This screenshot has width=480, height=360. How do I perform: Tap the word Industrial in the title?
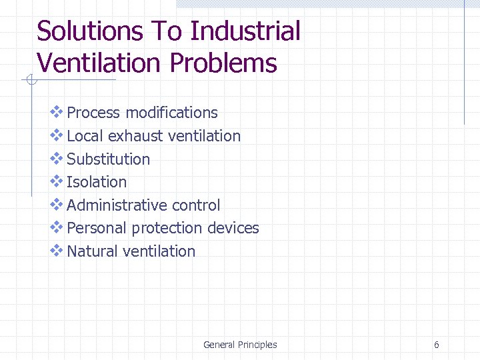click(x=245, y=31)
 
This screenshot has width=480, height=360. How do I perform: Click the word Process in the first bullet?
click(x=94, y=113)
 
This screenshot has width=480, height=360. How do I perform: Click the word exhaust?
click(x=135, y=136)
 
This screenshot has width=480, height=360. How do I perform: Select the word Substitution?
click(x=109, y=159)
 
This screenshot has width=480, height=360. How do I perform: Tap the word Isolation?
click(x=97, y=182)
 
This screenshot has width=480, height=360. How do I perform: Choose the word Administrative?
click(x=117, y=205)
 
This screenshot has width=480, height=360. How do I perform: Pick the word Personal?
click(x=97, y=228)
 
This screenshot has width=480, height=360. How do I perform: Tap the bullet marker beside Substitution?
click(x=57, y=159)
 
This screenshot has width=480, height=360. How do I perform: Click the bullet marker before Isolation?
click(x=57, y=181)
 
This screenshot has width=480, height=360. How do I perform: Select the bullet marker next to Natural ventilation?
click(x=57, y=251)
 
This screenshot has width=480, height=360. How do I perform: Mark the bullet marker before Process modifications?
click(x=57, y=113)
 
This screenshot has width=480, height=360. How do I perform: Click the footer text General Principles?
click(x=240, y=345)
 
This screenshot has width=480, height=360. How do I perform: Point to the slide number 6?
click(x=436, y=345)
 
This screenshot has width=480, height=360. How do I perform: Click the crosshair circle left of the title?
click(x=29, y=81)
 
